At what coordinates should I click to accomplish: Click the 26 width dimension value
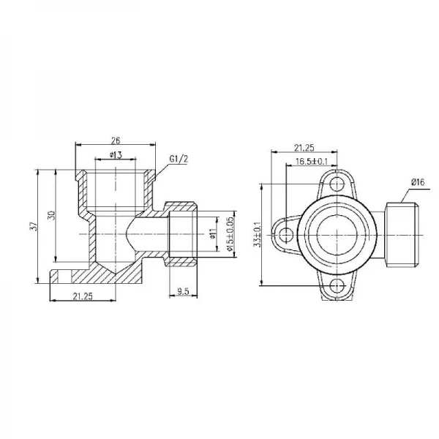coord(115,140)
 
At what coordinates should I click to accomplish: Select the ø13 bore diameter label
coord(115,155)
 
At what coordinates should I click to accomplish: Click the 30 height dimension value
coord(50,217)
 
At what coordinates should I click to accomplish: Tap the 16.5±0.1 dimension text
coord(312,162)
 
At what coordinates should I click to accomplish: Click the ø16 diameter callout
coord(418,181)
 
